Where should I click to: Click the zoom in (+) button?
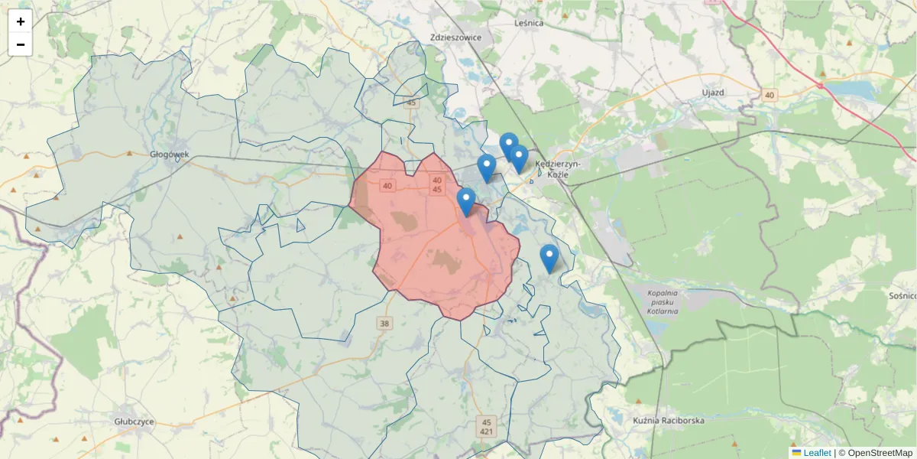(x=21, y=21)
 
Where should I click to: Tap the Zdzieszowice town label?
(x=455, y=37)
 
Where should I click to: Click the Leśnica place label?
(x=529, y=24)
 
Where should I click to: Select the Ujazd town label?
(x=712, y=93)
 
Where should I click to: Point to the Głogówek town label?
(x=170, y=154)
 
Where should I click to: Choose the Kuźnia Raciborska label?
(x=669, y=420)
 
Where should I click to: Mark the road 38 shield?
(x=384, y=324)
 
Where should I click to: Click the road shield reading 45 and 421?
(x=487, y=426)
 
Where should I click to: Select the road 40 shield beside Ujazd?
(x=769, y=95)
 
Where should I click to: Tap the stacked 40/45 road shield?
(x=437, y=184)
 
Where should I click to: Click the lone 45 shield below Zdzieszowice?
(x=412, y=103)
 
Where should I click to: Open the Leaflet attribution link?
(x=816, y=453)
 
